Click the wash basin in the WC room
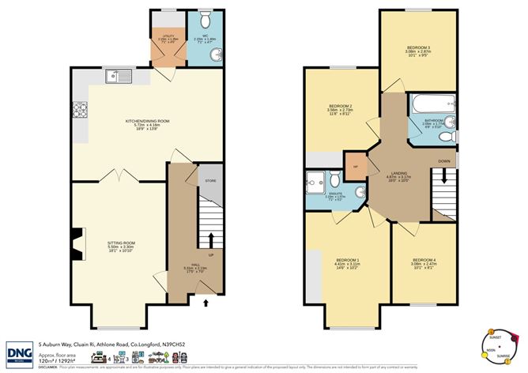tap(216, 58)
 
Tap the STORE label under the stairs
tap(210, 181)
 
